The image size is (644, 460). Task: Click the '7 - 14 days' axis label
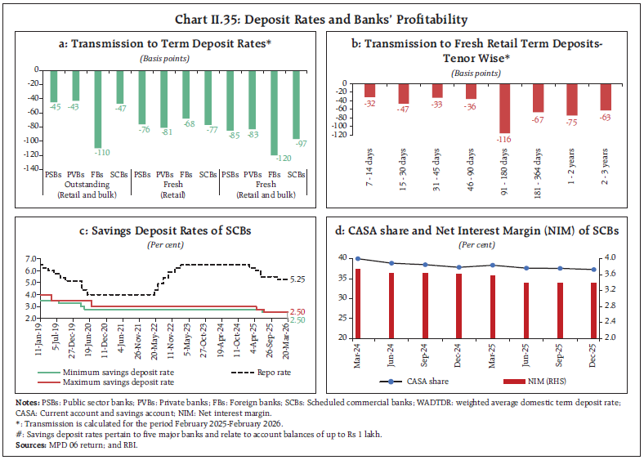369,154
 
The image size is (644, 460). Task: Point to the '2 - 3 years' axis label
606,154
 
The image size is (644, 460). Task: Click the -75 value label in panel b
571,123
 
